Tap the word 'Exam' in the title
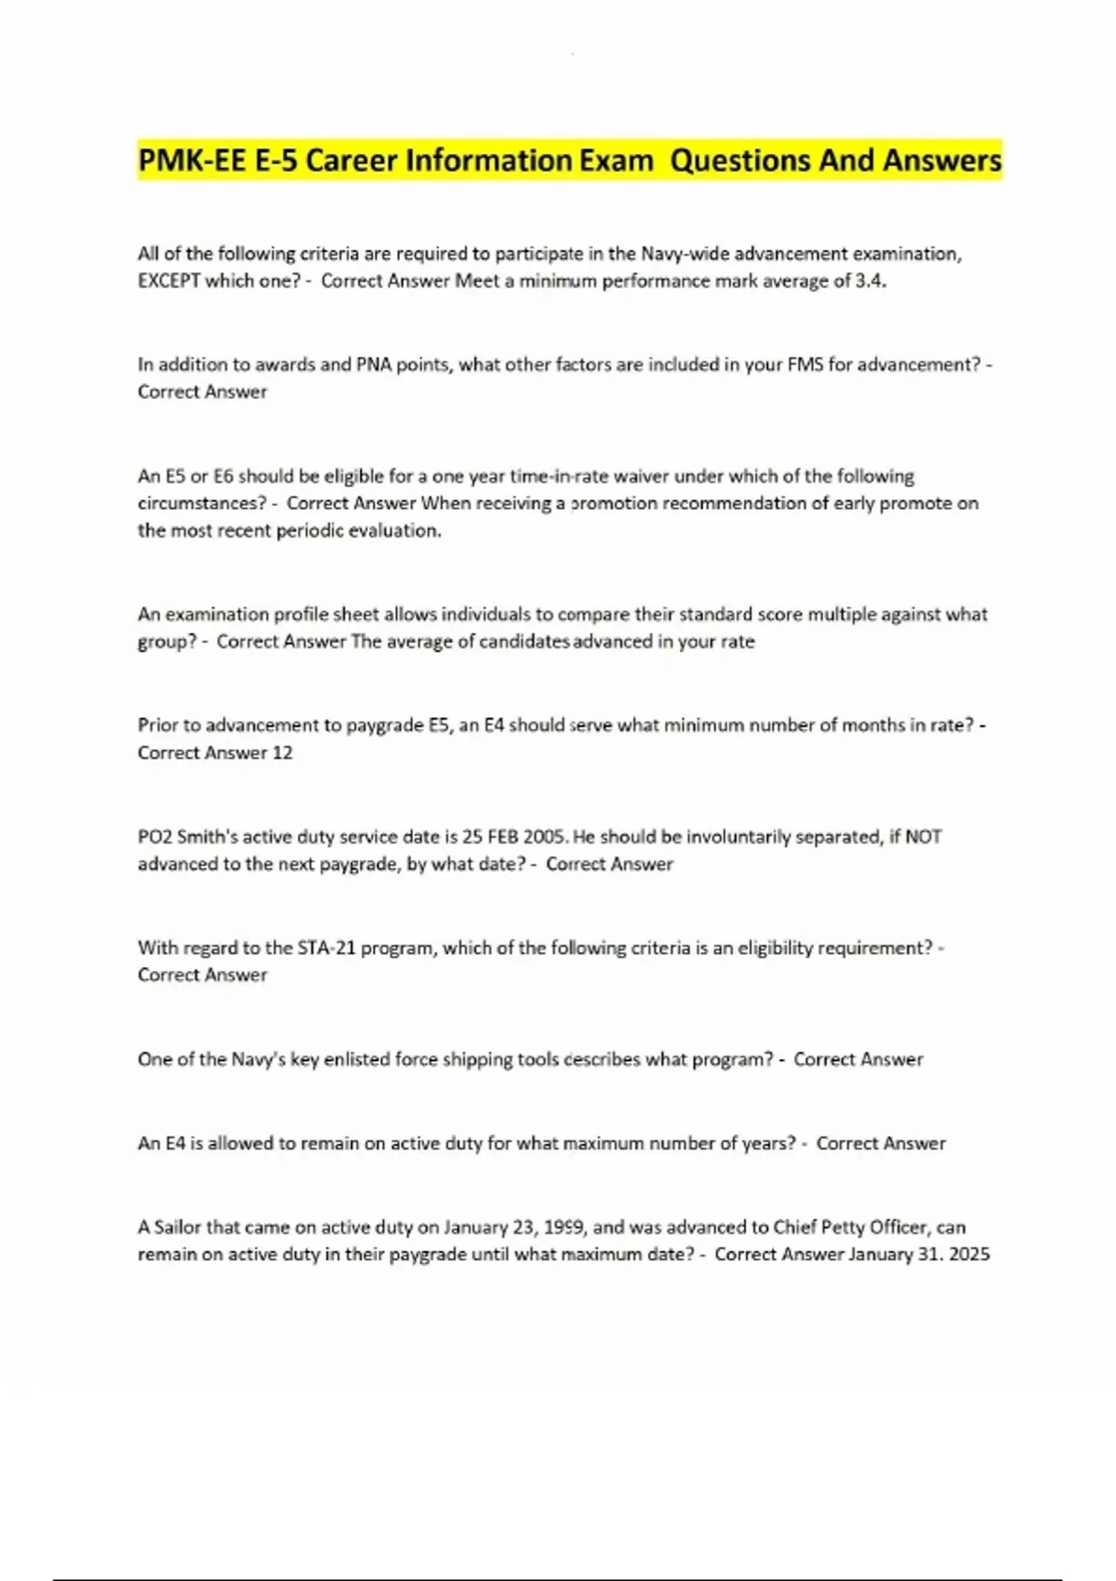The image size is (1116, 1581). (616, 161)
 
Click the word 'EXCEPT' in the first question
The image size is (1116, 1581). (168, 281)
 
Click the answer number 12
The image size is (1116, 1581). (282, 752)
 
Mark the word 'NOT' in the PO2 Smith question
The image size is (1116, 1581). (923, 836)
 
